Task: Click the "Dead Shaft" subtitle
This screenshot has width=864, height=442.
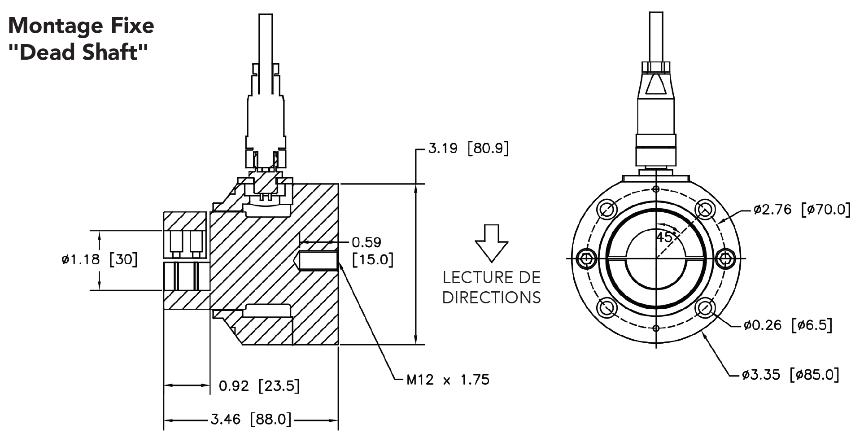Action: (x=78, y=53)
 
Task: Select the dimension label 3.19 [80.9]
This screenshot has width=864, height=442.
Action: (x=468, y=148)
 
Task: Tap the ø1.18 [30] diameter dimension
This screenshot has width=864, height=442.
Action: (x=100, y=259)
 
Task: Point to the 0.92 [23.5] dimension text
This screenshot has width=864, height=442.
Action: (x=259, y=385)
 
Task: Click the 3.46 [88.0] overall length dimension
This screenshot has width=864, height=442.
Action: (x=251, y=420)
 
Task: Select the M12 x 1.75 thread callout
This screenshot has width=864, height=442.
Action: (x=447, y=380)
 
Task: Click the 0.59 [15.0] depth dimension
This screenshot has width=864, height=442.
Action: (x=372, y=251)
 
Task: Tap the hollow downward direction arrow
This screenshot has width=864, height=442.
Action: (x=492, y=243)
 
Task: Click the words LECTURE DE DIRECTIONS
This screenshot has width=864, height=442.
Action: (x=492, y=287)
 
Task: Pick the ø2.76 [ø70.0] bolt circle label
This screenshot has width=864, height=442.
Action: (x=802, y=209)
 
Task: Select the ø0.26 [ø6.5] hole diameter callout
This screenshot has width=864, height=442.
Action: (x=787, y=325)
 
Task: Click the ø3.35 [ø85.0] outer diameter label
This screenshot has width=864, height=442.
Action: (x=790, y=374)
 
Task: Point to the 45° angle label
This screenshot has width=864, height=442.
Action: (x=665, y=237)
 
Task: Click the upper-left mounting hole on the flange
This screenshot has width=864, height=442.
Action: (x=607, y=209)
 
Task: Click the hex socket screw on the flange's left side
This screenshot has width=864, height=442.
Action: (x=587, y=258)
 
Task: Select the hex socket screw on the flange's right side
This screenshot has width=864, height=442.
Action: (x=725, y=258)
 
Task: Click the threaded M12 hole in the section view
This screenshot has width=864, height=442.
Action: (x=318, y=261)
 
